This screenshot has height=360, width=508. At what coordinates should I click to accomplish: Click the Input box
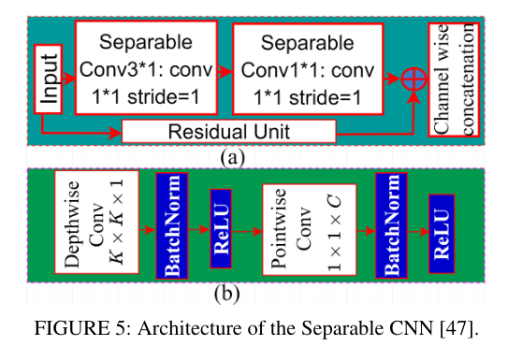49,79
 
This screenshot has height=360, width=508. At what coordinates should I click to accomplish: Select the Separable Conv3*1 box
146,68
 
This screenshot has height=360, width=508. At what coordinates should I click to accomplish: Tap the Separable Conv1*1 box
308,68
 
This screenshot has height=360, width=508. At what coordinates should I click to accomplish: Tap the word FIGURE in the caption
63,330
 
